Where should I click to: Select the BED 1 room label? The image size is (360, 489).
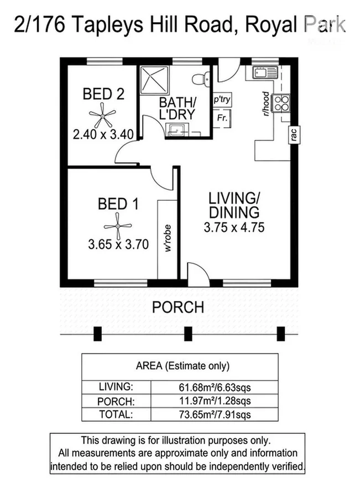[117, 204]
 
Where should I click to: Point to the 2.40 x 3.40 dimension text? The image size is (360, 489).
[103, 134]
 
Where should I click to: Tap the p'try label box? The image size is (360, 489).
[222, 100]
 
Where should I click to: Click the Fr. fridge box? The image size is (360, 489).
[222, 118]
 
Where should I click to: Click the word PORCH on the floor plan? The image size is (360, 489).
[178, 307]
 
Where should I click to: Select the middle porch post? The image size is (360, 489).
[189, 334]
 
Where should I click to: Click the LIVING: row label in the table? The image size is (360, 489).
[116, 386]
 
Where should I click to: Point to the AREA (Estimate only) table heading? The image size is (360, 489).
[182, 366]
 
